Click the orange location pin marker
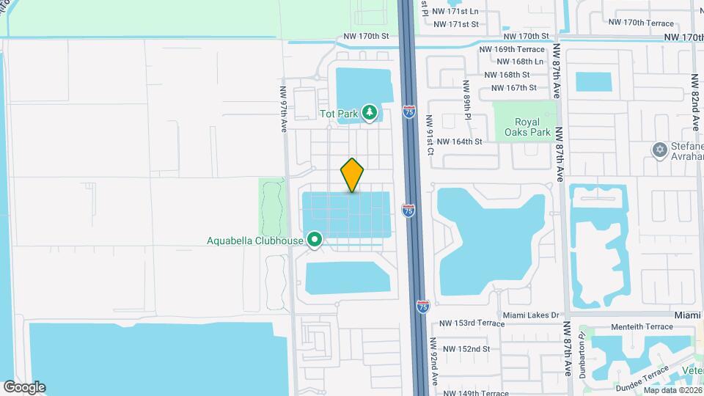pos(353,175)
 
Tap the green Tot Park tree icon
pos(370,113)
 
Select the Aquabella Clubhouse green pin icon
pos(315,239)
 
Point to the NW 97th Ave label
pos(283,110)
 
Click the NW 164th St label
pos(459,142)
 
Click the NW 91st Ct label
pos(430,136)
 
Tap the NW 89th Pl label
pos(466,98)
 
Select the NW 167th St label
pos(514,88)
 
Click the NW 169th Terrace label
pos(512,50)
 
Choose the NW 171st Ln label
pos(455,12)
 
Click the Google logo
pos(24,387)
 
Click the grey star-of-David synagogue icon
pos(659,150)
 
